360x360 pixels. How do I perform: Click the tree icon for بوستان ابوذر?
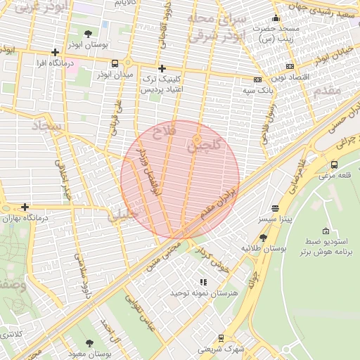pos(87,33)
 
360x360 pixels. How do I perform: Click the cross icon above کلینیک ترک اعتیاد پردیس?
pos(162,69)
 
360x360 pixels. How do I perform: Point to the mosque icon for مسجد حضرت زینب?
pos(276,19)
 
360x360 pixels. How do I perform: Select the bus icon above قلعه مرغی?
pos(333,165)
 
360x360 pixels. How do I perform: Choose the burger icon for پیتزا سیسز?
pos(274,209)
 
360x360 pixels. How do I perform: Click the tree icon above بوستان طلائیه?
pos(263,238)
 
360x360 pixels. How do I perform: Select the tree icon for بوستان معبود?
pos(89,344)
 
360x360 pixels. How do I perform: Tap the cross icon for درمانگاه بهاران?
pos(25,207)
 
